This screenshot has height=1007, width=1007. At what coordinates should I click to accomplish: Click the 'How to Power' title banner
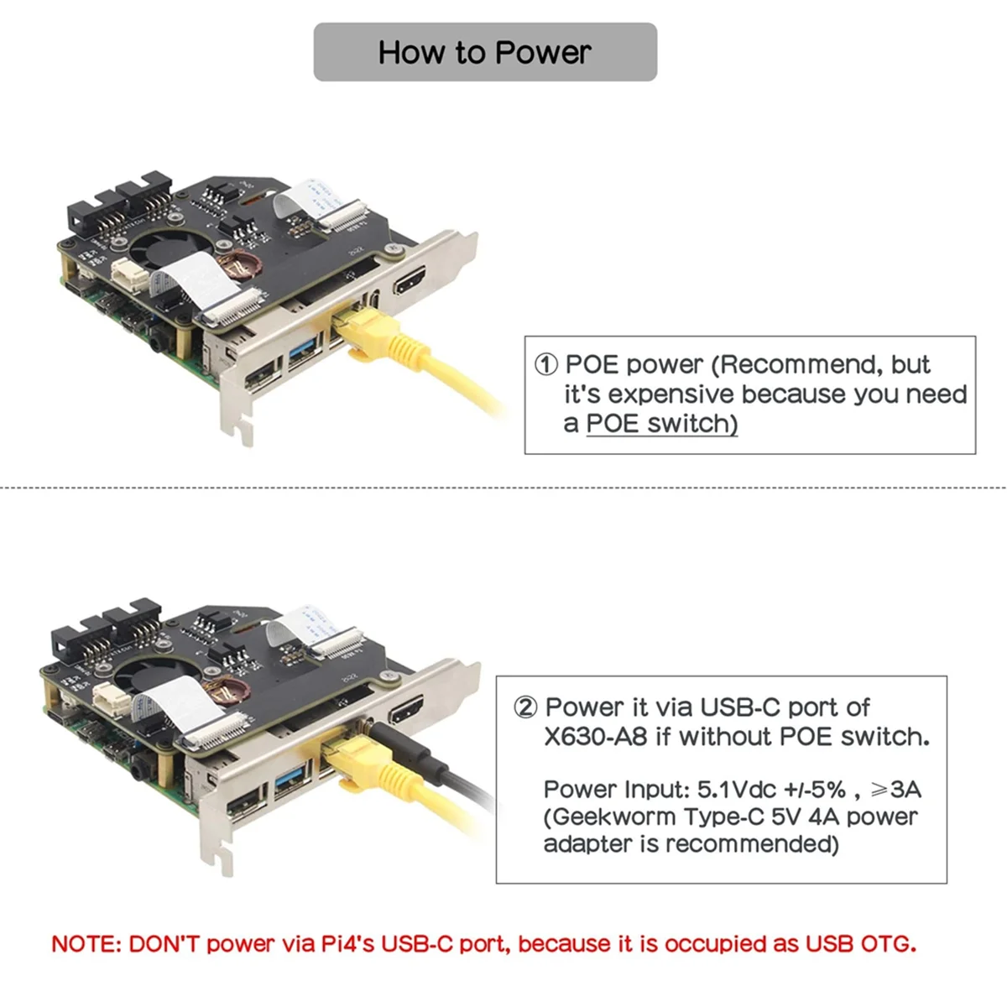(485, 52)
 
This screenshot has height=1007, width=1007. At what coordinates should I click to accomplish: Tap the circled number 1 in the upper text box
(545, 365)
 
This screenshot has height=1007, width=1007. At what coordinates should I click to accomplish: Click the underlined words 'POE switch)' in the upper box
(661, 424)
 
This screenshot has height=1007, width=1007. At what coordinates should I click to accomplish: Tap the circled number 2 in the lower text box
(525, 707)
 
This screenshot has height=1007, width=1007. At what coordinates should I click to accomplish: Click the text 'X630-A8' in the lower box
(595, 737)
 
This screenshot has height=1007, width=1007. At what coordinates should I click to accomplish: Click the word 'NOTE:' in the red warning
(86, 944)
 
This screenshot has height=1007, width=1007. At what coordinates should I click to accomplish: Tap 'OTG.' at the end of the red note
(889, 944)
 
